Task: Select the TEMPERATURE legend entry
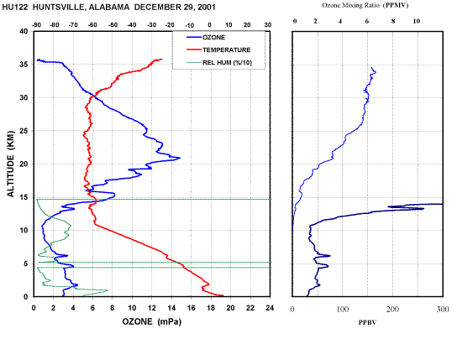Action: click(218, 50)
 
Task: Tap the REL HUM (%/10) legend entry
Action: click(219, 63)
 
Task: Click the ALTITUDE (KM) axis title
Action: click(10, 164)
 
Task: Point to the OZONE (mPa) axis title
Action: click(151, 321)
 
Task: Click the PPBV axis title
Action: click(367, 322)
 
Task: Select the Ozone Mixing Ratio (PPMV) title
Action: click(365, 5)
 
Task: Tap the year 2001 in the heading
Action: click(206, 8)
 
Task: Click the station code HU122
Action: click(15, 8)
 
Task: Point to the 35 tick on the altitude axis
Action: click(24, 65)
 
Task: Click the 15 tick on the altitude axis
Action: click(24, 197)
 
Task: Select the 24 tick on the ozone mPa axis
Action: click(270, 308)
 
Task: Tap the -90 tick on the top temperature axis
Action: click(36, 25)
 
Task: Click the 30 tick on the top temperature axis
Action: click(268, 25)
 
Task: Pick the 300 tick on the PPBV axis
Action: click(443, 310)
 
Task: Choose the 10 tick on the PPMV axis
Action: click(417, 21)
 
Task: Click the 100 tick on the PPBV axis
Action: click(343, 310)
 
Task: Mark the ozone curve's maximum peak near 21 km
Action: click(180, 158)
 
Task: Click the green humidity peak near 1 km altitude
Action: click(108, 290)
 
